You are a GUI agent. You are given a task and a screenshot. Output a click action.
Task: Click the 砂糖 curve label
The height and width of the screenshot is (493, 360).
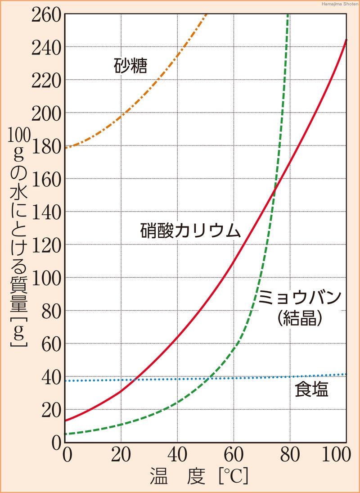tap(130, 66)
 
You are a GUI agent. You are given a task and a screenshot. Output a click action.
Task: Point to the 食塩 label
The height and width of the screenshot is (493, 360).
tap(311, 390)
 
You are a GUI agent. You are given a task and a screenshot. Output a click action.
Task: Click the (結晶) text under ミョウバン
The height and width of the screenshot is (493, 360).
tap(301, 319)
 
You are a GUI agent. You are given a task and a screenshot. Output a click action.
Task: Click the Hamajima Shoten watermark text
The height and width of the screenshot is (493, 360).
tap(340, 4)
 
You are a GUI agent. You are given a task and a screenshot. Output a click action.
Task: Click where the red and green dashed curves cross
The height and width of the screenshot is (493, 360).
tap(274, 192)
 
